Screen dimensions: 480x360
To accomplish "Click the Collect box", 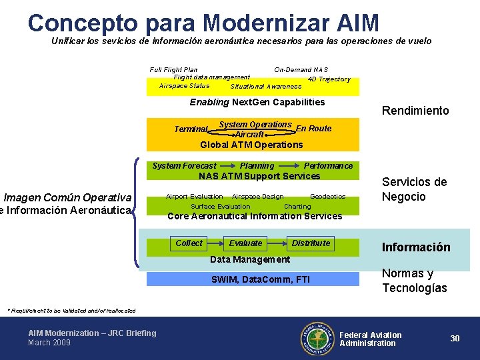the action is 189,243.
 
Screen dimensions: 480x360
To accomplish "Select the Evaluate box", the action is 246,243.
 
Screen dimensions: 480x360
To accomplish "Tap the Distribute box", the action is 311,243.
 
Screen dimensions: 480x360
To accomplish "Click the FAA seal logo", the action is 316,338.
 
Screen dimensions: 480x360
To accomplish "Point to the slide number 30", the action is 455,339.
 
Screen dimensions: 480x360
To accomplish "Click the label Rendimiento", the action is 415,111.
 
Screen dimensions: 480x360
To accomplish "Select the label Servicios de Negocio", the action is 414,189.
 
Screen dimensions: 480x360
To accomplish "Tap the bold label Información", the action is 416,247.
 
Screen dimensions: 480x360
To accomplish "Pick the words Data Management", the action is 250,259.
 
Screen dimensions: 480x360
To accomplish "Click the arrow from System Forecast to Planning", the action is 227,166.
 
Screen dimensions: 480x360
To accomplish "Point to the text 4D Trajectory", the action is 329,79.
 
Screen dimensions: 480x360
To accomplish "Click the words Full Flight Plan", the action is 173,69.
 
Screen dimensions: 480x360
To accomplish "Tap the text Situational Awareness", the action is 266,87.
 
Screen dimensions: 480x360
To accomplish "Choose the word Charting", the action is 297,207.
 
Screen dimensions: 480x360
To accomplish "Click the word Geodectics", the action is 327,197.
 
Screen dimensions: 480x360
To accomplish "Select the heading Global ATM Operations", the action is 251,145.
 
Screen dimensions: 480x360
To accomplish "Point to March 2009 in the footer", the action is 49,343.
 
